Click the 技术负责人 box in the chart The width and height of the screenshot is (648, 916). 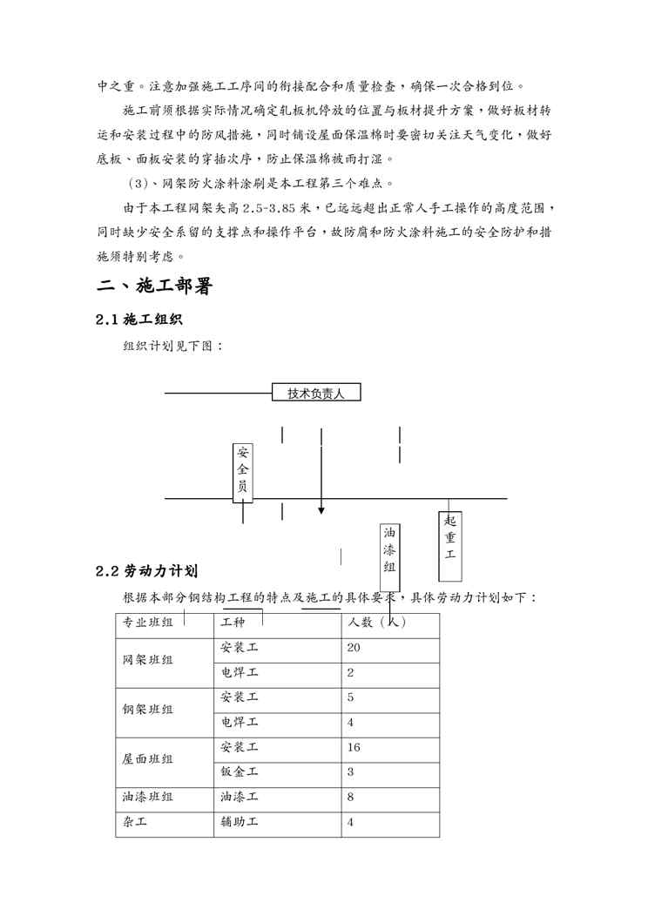point(316,393)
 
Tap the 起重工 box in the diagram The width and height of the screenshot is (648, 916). point(449,545)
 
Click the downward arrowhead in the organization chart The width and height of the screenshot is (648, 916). point(321,510)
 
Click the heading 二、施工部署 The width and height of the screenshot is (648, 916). point(153,286)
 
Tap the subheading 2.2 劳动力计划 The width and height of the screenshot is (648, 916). point(146,571)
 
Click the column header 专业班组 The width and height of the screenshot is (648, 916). point(147,623)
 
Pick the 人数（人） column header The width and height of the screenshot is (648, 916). point(376,623)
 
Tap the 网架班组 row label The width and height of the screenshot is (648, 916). point(147,660)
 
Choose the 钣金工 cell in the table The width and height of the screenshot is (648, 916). point(240,771)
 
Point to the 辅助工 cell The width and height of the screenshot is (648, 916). point(240,821)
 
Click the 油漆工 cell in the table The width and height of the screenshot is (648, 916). point(240,796)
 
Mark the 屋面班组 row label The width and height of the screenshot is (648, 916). point(147,759)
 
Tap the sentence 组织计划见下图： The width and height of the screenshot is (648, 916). point(172,346)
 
